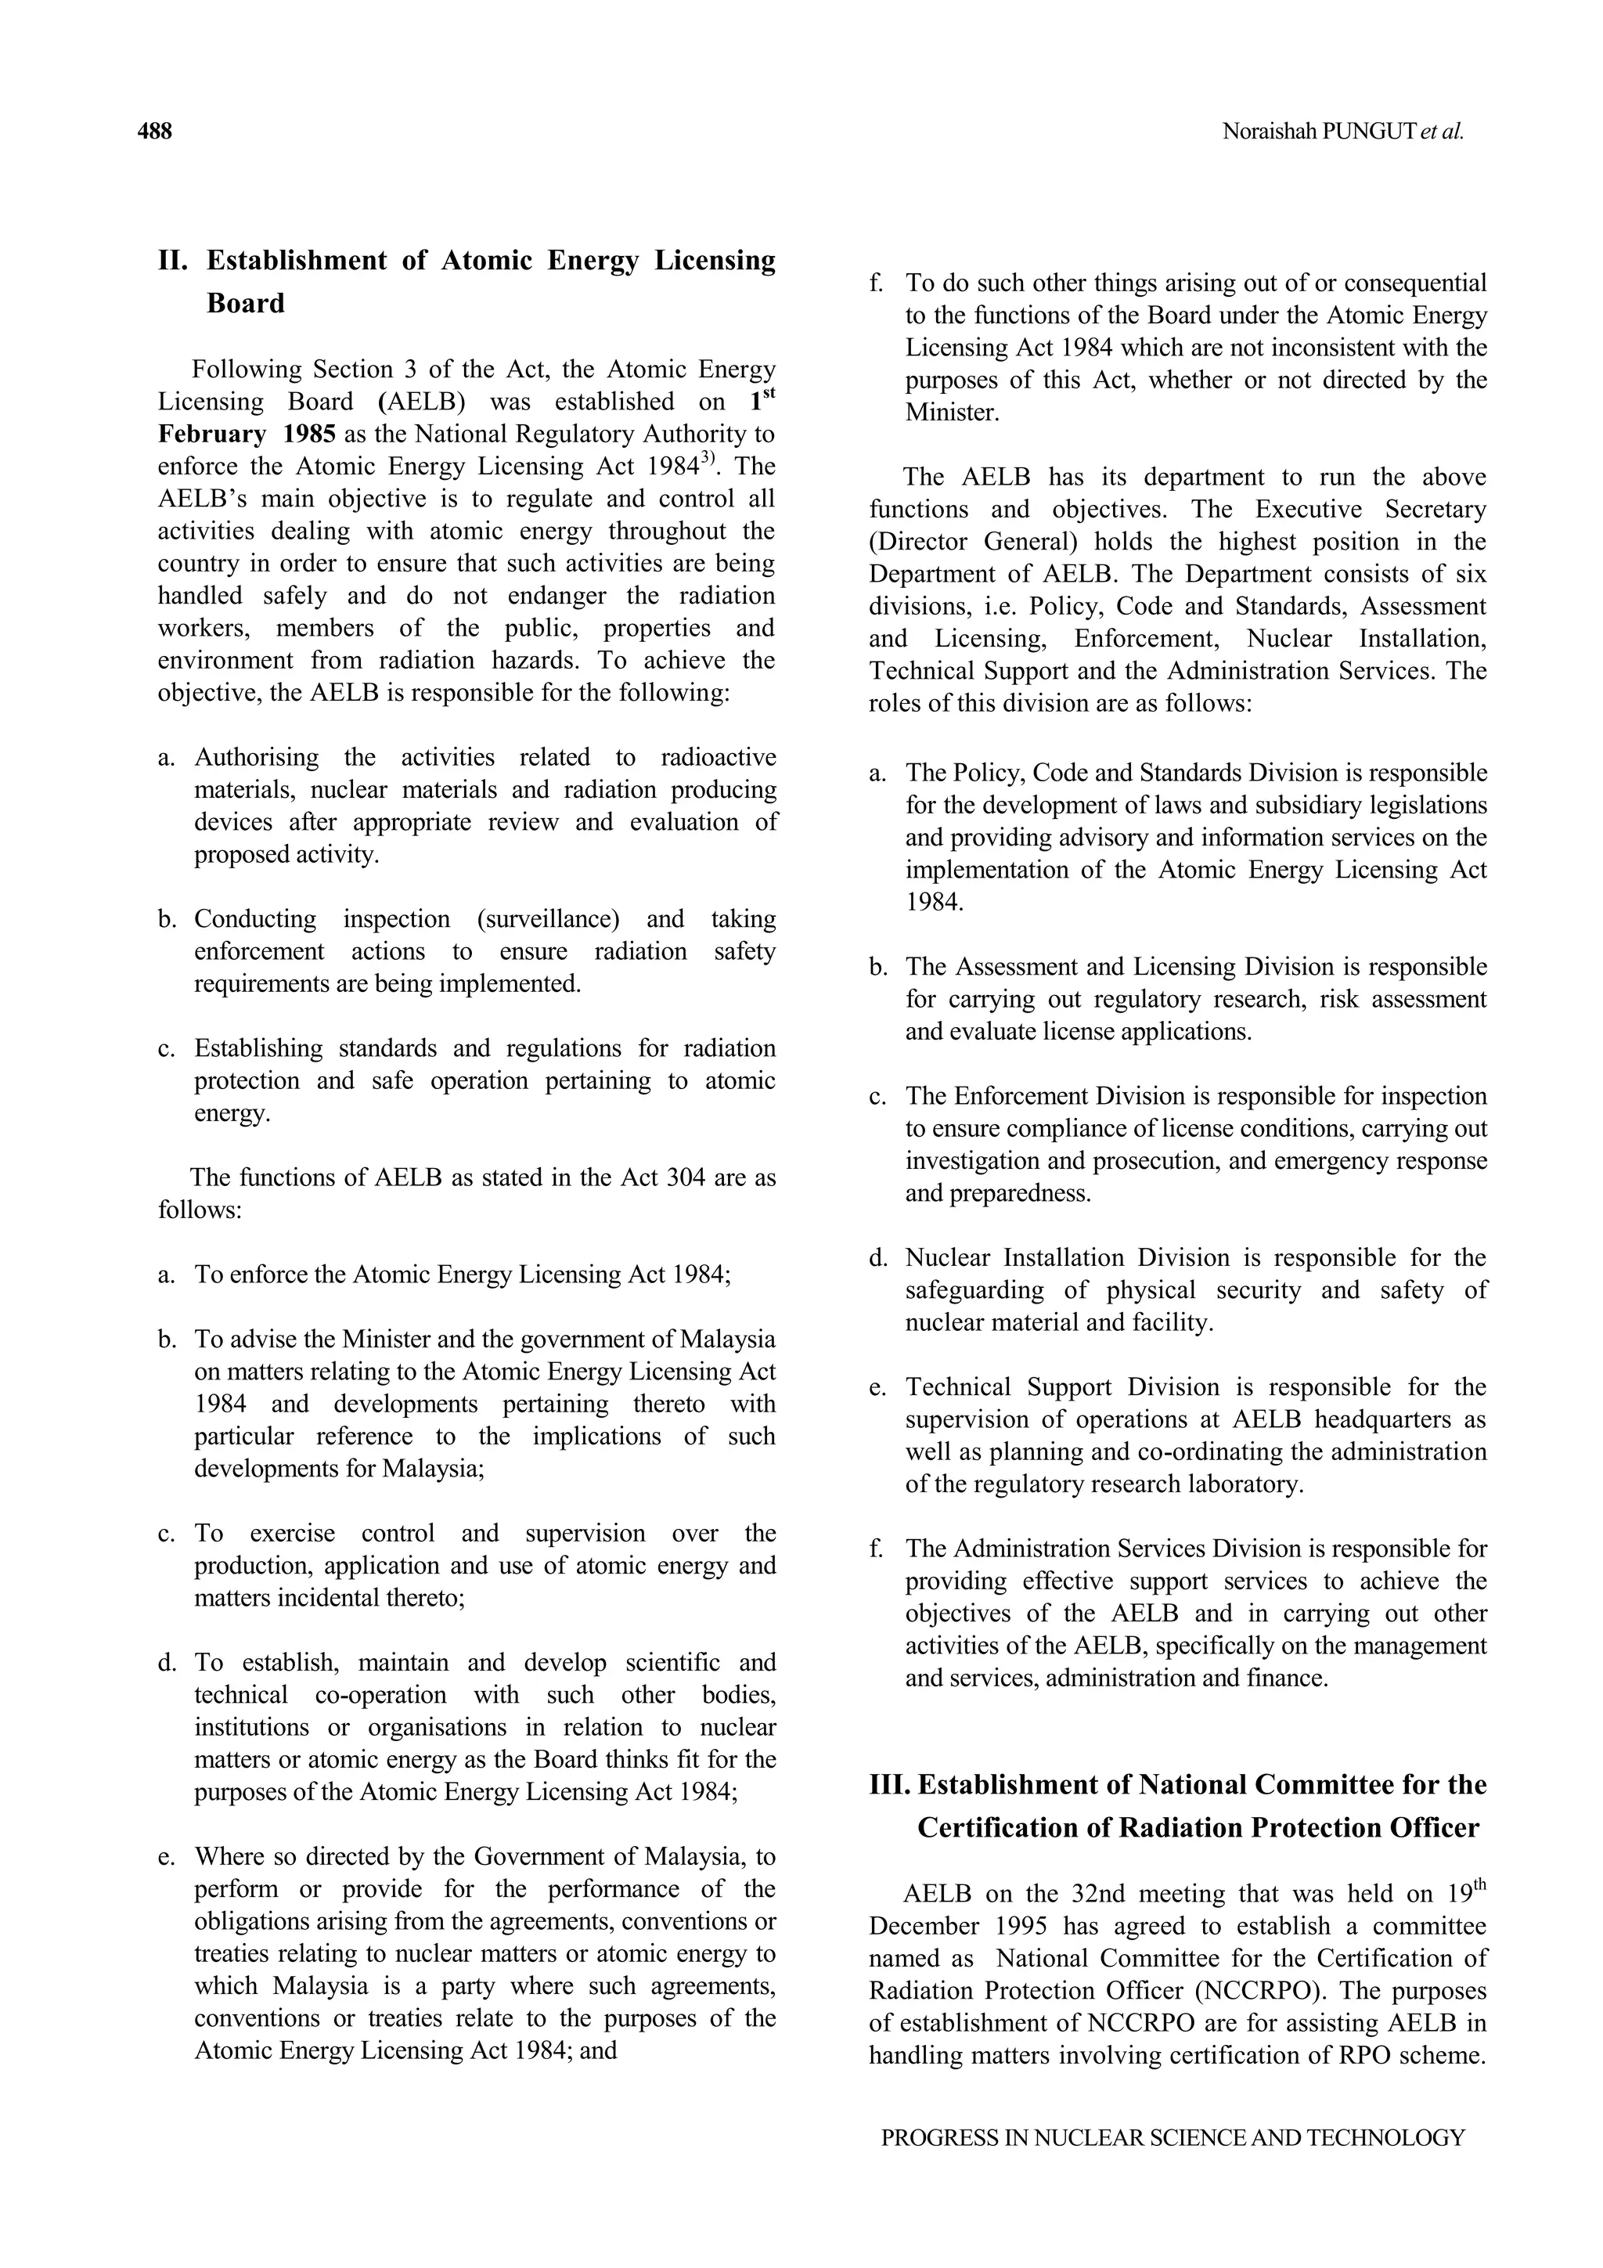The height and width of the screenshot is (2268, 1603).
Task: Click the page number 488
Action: click(154, 132)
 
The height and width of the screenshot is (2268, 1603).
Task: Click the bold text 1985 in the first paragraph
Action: click(309, 434)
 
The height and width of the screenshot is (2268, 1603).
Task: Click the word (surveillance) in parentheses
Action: click(548, 920)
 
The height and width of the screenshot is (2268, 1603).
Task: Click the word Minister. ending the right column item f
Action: click(952, 413)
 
